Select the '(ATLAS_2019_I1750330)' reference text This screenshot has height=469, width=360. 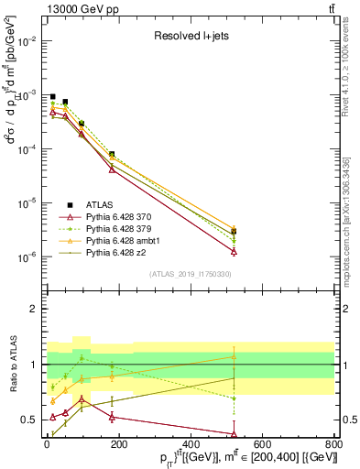coord(191,274)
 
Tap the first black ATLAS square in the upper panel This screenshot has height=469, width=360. coord(53,96)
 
